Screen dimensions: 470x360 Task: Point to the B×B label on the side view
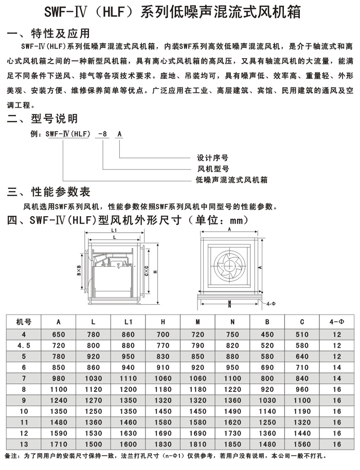click(80, 268)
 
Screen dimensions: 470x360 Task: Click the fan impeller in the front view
click(229, 268)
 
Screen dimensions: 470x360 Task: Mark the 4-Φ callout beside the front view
click(271, 304)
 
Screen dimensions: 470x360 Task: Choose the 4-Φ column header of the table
click(337, 322)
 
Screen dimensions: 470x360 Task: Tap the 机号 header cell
click(24, 322)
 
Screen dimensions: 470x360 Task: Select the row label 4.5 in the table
click(24, 344)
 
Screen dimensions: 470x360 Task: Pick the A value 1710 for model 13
click(59, 444)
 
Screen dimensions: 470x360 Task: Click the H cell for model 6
click(163, 367)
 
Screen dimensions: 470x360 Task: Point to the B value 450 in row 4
click(267, 334)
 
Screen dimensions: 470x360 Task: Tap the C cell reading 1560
click(302, 444)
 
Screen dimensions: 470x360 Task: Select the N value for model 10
click(232, 411)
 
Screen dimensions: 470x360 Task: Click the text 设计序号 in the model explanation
click(212, 158)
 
